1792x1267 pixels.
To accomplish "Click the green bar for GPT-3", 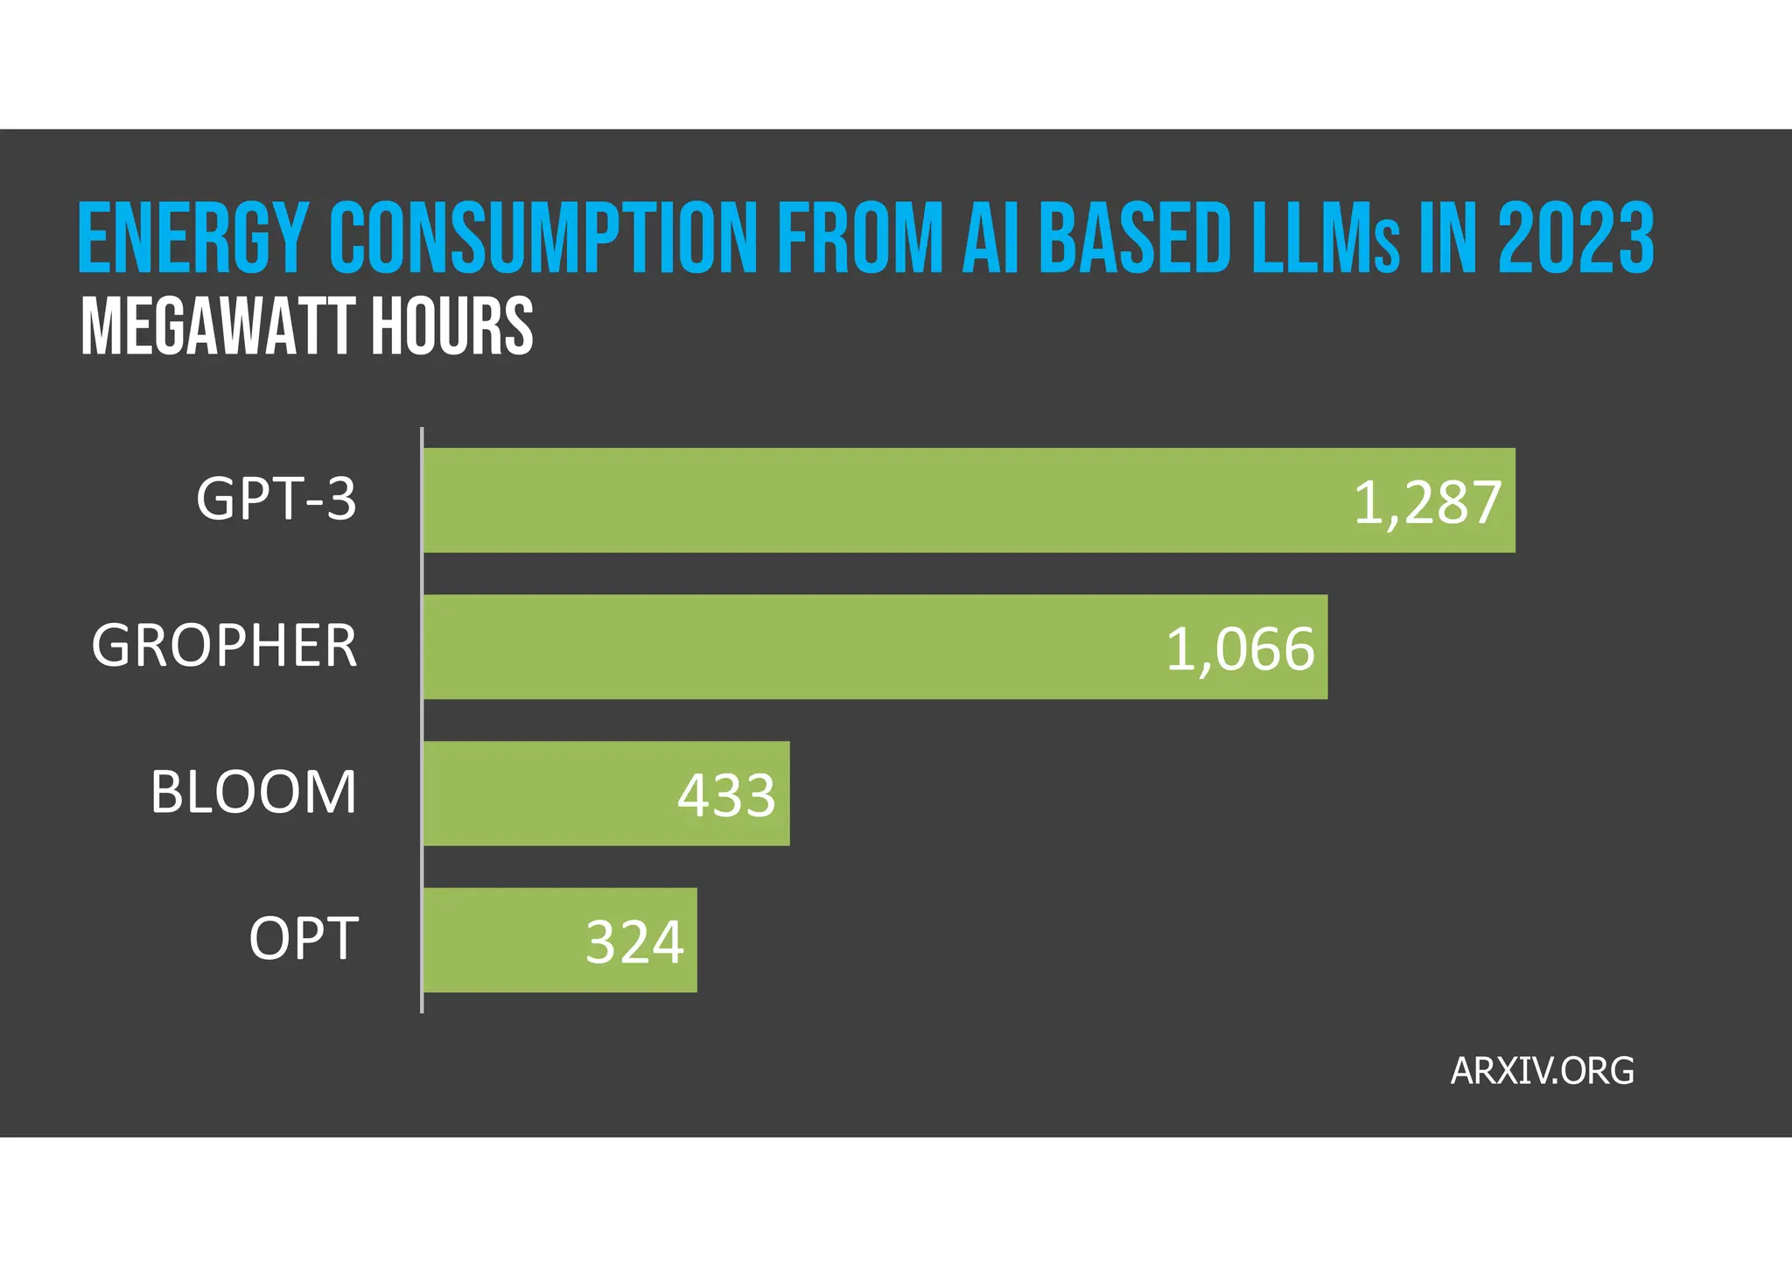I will tap(875, 500).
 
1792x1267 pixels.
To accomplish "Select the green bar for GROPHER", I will tap(787, 647).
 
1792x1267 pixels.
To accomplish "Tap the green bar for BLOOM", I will tap(542, 794).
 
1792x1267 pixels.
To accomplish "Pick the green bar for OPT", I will tap(499, 941).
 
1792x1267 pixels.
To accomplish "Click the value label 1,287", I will tap(1427, 504).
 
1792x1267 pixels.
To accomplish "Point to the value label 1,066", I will tap(1241, 650).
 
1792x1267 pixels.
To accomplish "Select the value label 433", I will tap(726, 796).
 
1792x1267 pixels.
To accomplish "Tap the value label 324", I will tap(634, 943).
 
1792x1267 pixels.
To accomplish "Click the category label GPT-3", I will tap(276, 500).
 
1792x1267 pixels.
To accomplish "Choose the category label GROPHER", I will tap(225, 647).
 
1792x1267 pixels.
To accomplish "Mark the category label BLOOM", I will tap(254, 793).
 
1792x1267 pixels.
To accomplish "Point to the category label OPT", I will tap(304, 939).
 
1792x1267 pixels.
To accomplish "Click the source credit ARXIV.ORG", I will tap(1542, 1071).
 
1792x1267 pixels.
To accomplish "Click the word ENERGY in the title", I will tap(192, 238).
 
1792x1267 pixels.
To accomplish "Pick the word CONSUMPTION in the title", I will tap(543, 238).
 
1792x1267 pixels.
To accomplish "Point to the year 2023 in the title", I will tap(1575, 238).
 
